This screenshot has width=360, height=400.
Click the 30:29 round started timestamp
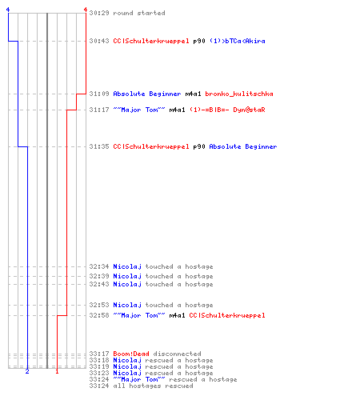pyautogui.click(x=99, y=13)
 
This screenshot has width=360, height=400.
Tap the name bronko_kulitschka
pyautogui.click(x=239, y=94)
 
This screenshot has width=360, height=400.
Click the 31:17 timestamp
pyautogui.click(x=99, y=110)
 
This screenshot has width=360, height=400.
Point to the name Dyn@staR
pyautogui.click(x=249, y=110)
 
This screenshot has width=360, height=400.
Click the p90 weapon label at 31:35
pyautogui.click(x=199, y=146)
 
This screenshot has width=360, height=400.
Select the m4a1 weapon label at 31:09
pyautogui.click(x=193, y=94)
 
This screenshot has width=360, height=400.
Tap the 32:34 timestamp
pyautogui.click(x=99, y=266)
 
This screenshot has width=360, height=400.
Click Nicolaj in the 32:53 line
pyautogui.click(x=127, y=305)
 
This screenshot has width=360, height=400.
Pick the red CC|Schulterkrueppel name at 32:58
pyautogui.click(x=227, y=315)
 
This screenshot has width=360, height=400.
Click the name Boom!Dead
pyautogui.click(x=131, y=354)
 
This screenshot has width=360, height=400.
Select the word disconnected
pyautogui.click(x=177, y=354)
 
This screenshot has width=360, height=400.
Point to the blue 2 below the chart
pyautogui.click(x=27, y=371)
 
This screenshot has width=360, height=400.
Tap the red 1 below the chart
pyautogui.click(x=57, y=371)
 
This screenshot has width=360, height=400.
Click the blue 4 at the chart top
pyautogui.click(x=8, y=10)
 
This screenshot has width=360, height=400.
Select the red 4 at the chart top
pyautogui.click(x=86, y=10)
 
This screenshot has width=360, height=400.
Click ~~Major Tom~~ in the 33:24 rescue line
pyautogui.click(x=139, y=379)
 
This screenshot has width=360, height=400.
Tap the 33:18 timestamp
pyautogui.click(x=99, y=360)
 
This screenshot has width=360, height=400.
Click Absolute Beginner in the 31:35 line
pyautogui.click(x=243, y=146)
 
